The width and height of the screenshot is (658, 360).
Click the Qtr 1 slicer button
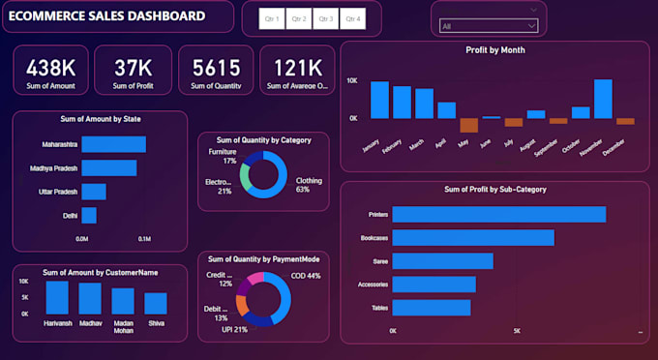pos(272,19)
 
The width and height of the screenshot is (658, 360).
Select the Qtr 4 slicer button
pos(352,19)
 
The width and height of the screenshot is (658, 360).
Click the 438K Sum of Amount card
pos(50,71)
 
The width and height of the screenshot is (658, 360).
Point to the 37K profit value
pos(133,67)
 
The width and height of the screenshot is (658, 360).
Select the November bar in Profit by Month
pos(603,99)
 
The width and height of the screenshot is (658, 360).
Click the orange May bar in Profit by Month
pos(468,125)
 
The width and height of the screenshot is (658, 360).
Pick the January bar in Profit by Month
pos(378,100)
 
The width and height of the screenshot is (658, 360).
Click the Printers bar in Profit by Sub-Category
pos(498,214)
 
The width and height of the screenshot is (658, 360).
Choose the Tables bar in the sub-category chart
pos(431,308)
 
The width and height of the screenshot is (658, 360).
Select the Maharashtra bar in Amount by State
pos(113,144)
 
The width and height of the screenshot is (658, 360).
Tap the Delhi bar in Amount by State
pos(89,215)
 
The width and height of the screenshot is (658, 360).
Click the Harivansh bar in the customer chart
pos(58,297)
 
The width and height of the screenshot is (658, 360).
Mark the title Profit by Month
pos(494,49)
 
